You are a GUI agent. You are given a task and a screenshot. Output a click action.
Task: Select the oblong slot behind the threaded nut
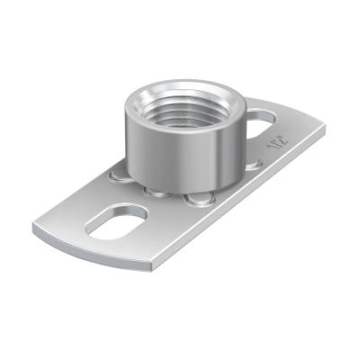(x=262, y=116)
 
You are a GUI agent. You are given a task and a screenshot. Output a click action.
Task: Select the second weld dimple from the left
(x=157, y=191)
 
